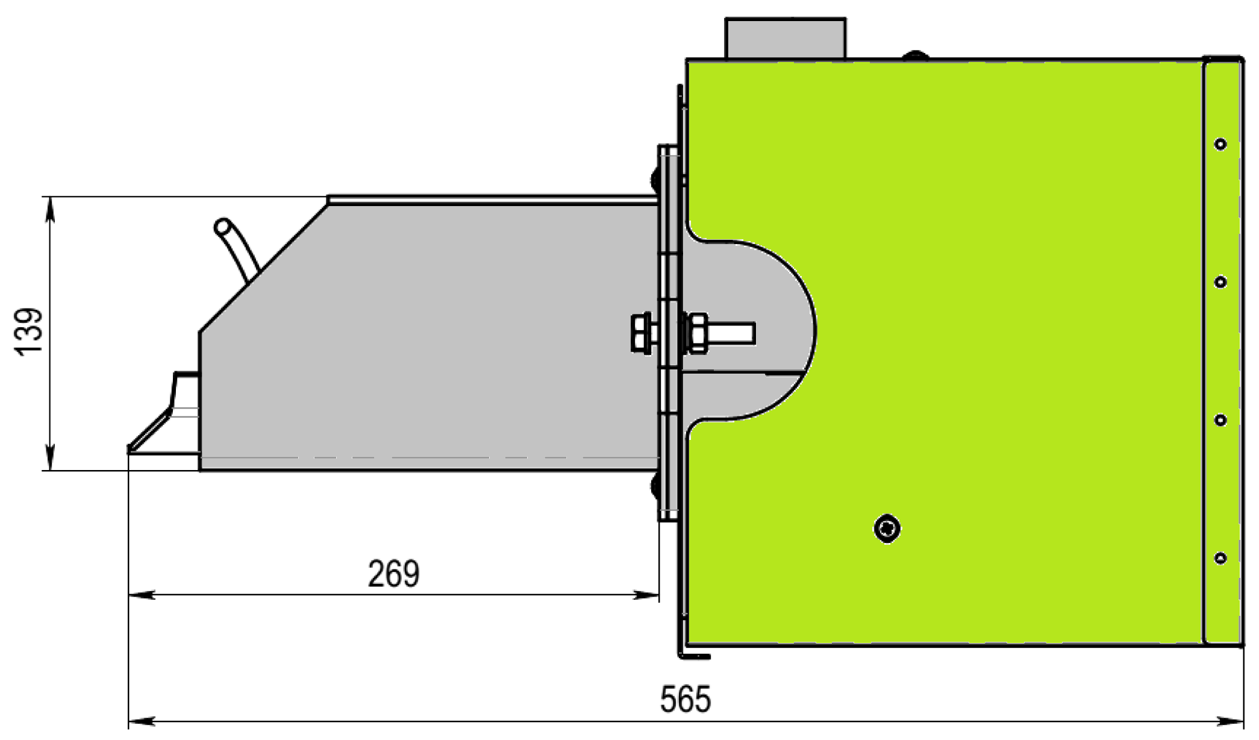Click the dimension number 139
[x=29, y=332]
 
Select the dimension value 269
[x=393, y=574]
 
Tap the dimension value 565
[x=686, y=700]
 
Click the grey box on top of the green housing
[x=786, y=39]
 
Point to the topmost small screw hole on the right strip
[x=1220, y=144]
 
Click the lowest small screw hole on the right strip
[x=1220, y=558]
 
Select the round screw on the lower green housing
[x=887, y=529]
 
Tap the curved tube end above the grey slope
[x=222, y=227]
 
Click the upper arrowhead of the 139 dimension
[x=51, y=208]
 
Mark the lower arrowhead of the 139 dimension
[x=51, y=459]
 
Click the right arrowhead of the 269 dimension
[x=647, y=595]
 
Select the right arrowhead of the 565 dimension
[x=1232, y=721]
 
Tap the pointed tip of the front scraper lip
[x=130, y=449]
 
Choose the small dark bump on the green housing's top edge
[x=915, y=55]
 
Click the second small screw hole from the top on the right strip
[x=1220, y=282]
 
